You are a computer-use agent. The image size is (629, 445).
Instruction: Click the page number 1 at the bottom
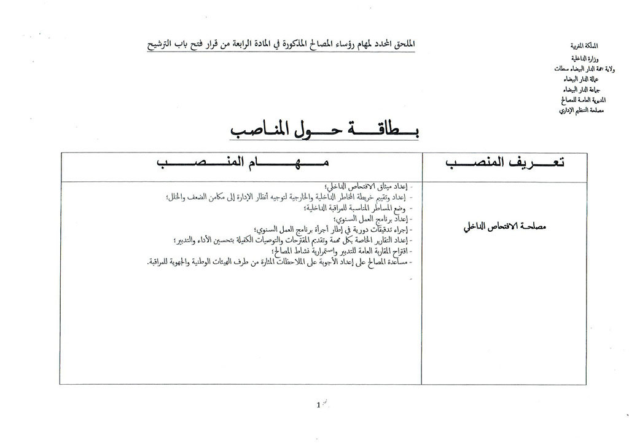[x=319, y=405]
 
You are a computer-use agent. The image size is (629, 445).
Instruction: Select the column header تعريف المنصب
[x=504, y=162]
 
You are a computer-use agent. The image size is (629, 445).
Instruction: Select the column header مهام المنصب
[x=242, y=162]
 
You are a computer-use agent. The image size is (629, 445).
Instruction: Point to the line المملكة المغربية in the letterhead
[x=584, y=46]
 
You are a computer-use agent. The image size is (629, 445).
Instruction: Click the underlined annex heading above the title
[x=281, y=44]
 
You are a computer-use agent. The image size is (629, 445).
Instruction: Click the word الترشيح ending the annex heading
[x=160, y=45]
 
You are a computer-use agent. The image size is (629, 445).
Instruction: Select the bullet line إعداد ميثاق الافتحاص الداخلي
[x=367, y=186]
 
